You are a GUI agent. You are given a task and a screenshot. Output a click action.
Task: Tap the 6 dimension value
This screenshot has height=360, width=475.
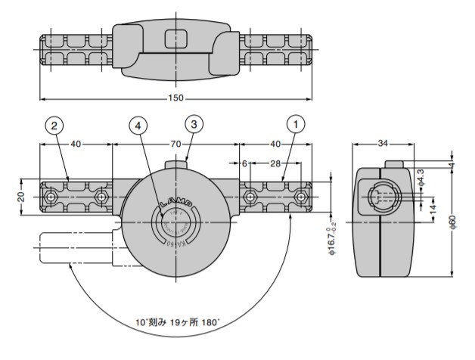tap(244, 163)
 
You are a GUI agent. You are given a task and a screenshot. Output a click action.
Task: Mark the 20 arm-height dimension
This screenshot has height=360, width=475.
tap(21, 197)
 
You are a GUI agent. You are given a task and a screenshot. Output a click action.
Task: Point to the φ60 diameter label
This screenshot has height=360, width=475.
tap(452, 221)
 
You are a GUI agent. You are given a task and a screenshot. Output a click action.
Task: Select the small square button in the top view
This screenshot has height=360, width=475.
tap(175, 37)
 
